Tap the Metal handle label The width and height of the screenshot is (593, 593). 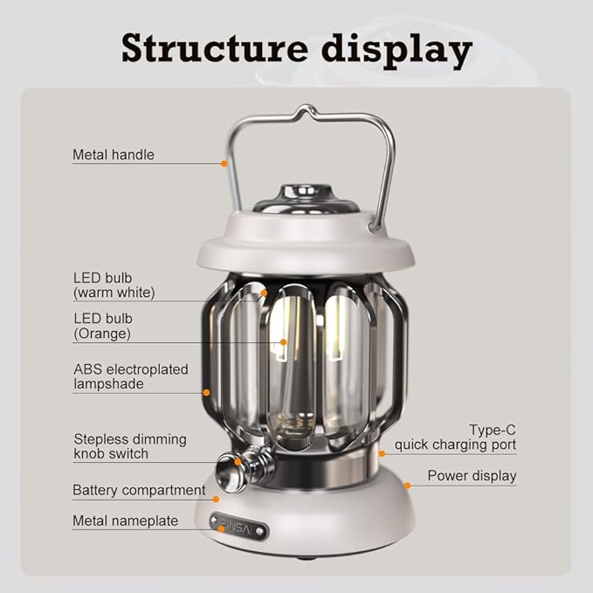[x=113, y=155]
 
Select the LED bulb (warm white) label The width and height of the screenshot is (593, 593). [x=114, y=285]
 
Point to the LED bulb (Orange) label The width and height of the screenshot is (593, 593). [x=102, y=325]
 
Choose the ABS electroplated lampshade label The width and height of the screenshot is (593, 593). [x=130, y=376]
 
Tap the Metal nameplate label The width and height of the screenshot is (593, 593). [x=125, y=521]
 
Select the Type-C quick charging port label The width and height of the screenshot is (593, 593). [x=455, y=438]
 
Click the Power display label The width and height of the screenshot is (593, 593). [x=472, y=476]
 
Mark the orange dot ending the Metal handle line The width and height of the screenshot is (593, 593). [x=224, y=162]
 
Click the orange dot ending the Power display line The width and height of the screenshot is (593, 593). [x=407, y=485]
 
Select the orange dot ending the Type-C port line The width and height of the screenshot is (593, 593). [x=382, y=453]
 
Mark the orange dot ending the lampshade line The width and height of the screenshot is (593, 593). [x=206, y=392]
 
